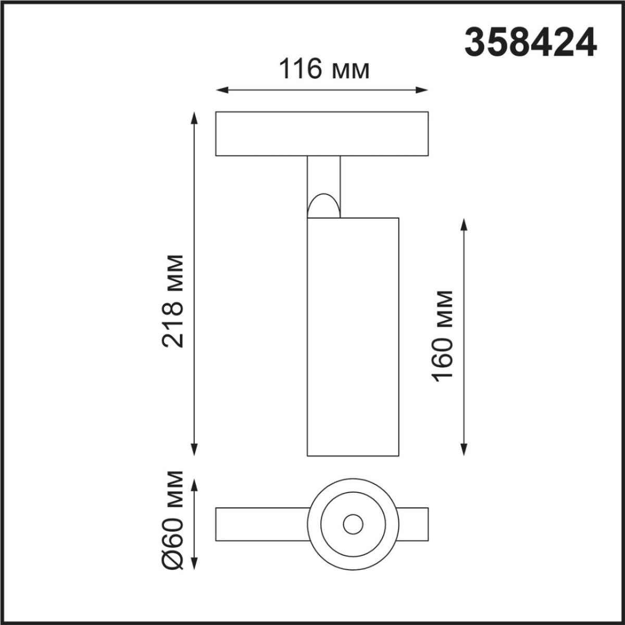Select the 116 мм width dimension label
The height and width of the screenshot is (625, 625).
coord(324,69)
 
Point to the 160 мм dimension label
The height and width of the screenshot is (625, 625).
coord(443,336)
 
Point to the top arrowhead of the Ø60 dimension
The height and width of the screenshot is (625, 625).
coord(194,486)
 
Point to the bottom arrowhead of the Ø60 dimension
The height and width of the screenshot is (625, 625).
coord(194,563)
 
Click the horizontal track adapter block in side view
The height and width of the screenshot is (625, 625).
coord(322,133)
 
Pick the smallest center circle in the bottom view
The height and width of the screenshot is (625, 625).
coord(353,524)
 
